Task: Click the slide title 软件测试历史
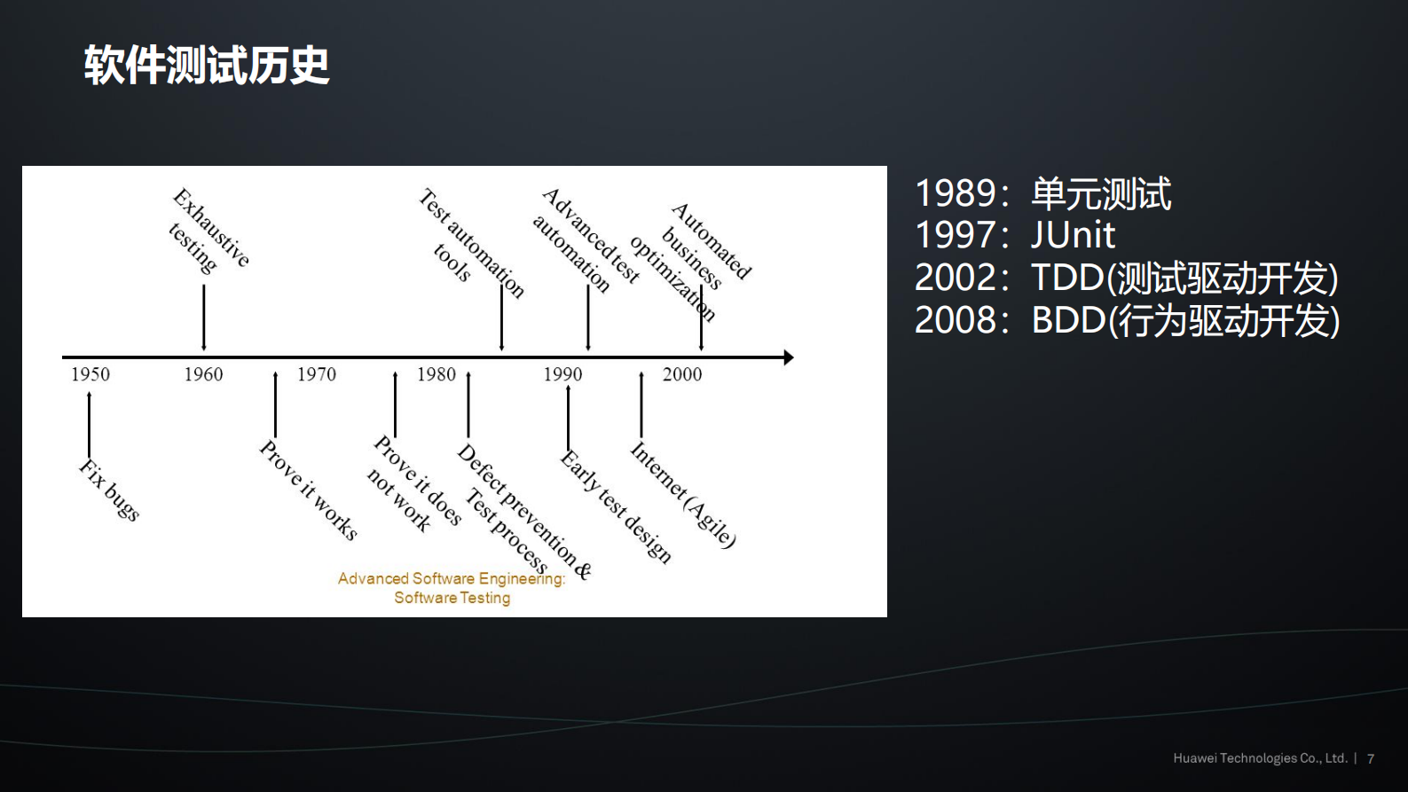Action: [x=207, y=66]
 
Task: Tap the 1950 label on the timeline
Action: [x=90, y=374]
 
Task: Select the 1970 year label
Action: [x=317, y=374]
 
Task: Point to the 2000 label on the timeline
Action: [x=682, y=374]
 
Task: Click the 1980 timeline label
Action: [x=437, y=374]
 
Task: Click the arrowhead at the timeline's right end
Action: [x=788, y=357]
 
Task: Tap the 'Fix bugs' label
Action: [x=110, y=490]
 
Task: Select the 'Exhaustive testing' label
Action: [x=209, y=231]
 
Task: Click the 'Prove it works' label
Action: [x=309, y=490]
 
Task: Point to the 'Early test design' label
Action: [x=616, y=506]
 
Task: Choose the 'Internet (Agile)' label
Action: [x=682, y=495]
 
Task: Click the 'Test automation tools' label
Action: [x=470, y=241]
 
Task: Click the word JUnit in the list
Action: [x=1073, y=235]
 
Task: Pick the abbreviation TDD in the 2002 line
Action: [x=1067, y=278]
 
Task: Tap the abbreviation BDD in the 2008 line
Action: [x=1067, y=320]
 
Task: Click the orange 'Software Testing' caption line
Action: [x=452, y=598]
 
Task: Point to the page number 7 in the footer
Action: [x=1371, y=758]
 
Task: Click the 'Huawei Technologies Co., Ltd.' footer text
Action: [x=1260, y=758]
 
